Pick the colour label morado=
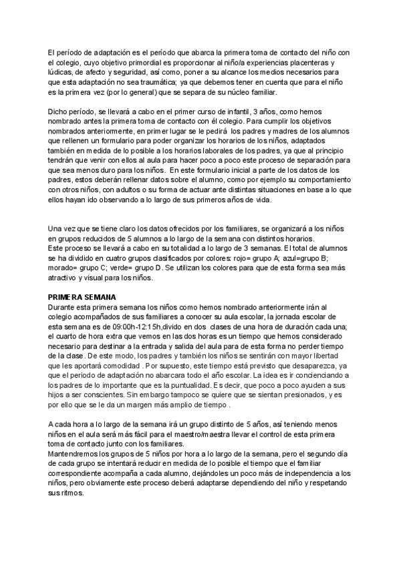(63, 267)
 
